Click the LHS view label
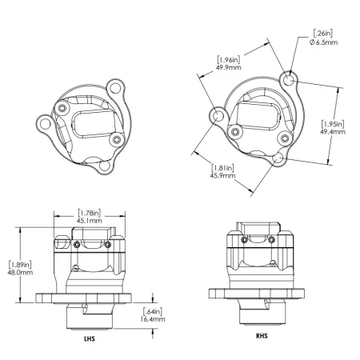[88, 338]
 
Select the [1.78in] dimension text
[88, 213]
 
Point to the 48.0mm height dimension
[19, 272]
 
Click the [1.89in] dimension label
[19, 262]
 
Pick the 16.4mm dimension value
[152, 318]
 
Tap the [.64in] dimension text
[152, 310]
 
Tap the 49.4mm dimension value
[332, 132]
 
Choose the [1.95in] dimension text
[332, 122]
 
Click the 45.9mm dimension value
[222, 175]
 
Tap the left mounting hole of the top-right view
[217, 117]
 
